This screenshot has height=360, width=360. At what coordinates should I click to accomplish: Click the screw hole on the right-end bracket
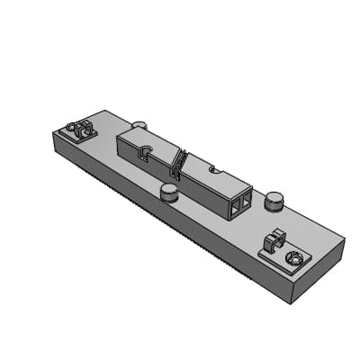click(291, 259)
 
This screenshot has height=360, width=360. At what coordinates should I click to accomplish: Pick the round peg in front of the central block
click(168, 192)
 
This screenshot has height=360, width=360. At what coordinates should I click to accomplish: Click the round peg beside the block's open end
click(274, 200)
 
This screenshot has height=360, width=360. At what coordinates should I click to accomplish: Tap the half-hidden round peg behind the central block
click(139, 126)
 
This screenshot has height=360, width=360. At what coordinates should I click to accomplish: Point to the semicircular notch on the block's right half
click(212, 167)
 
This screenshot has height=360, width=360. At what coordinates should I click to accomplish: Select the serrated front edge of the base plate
click(162, 216)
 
